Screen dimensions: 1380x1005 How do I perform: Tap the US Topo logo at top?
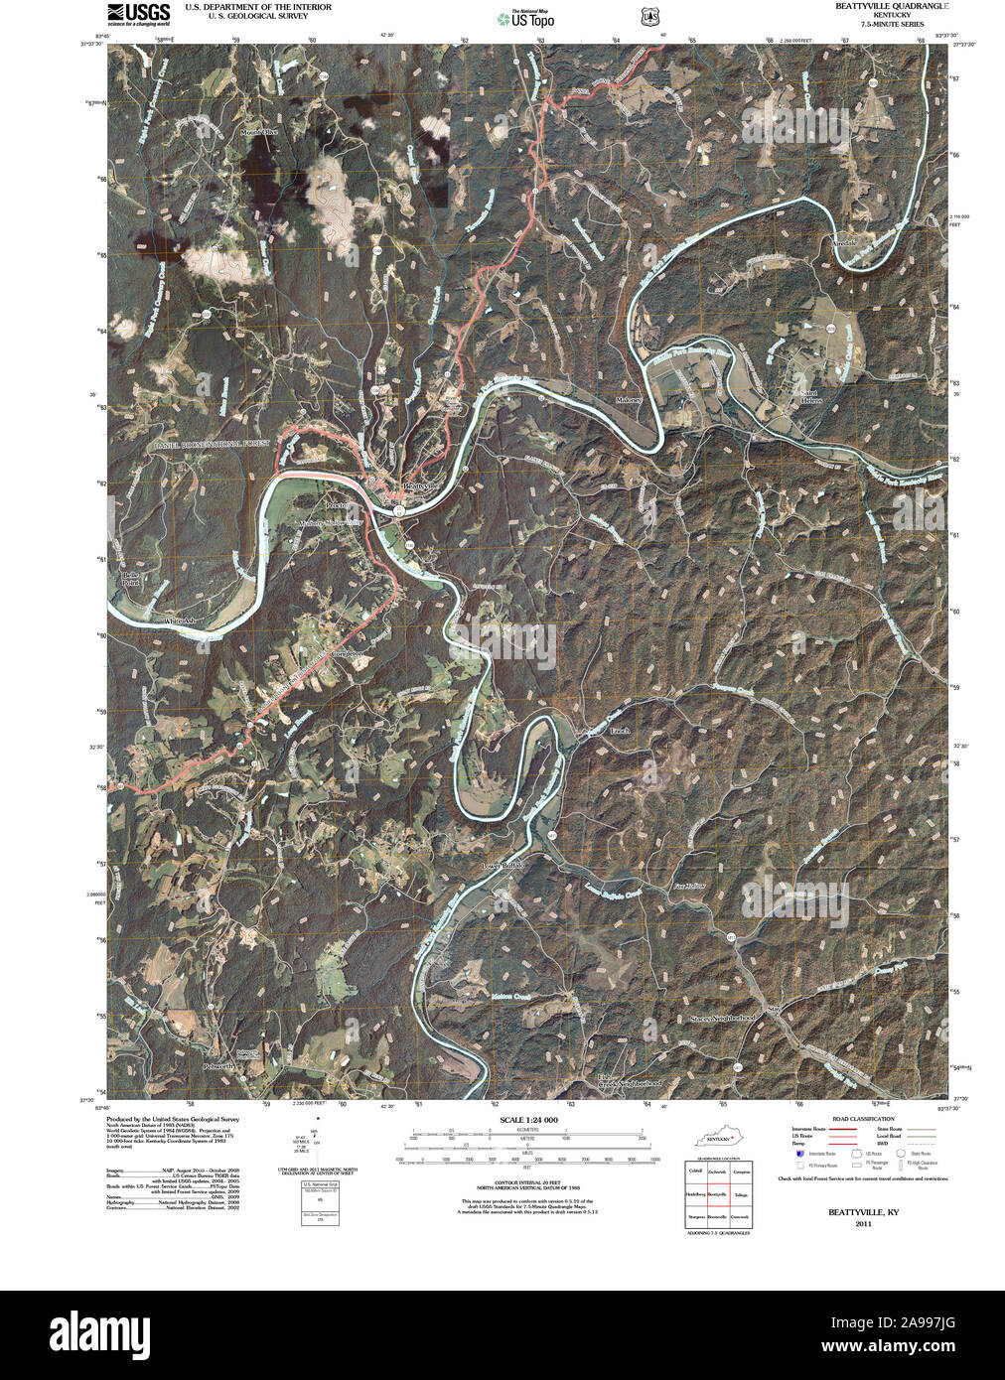click(x=526, y=17)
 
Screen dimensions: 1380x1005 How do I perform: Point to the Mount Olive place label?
click(x=258, y=132)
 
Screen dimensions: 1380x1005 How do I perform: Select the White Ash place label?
click(x=180, y=621)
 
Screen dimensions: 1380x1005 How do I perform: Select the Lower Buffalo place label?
click(x=502, y=865)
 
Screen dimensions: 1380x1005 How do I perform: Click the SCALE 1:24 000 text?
click(x=529, y=1119)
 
